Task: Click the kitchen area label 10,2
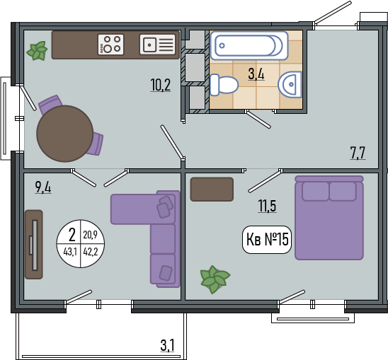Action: tap(161, 85)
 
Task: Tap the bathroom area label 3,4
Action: tap(256, 74)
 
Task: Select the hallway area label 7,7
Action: tap(358, 153)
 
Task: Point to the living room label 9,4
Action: tap(43, 187)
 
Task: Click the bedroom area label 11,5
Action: tap(267, 206)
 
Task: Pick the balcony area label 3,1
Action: tap(168, 345)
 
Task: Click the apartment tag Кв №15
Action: tap(267, 240)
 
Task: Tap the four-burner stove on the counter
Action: tap(110, 45)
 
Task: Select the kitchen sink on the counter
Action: tap(158, 45)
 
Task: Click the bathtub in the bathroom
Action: tap(249, 45)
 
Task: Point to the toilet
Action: tap(224, 85)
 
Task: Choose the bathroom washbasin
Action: tap(290, 84)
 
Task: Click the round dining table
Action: tap(65, 134)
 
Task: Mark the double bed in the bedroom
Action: tap(329, 218)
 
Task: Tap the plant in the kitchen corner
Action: tap(37, 51)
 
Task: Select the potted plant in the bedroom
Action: tap(215, 279)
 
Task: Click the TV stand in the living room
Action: tap(34, 245)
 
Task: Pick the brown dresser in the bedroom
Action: tap(212, 189)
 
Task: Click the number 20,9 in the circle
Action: tap(91, 234)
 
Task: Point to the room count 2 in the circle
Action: tap(72, 235)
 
